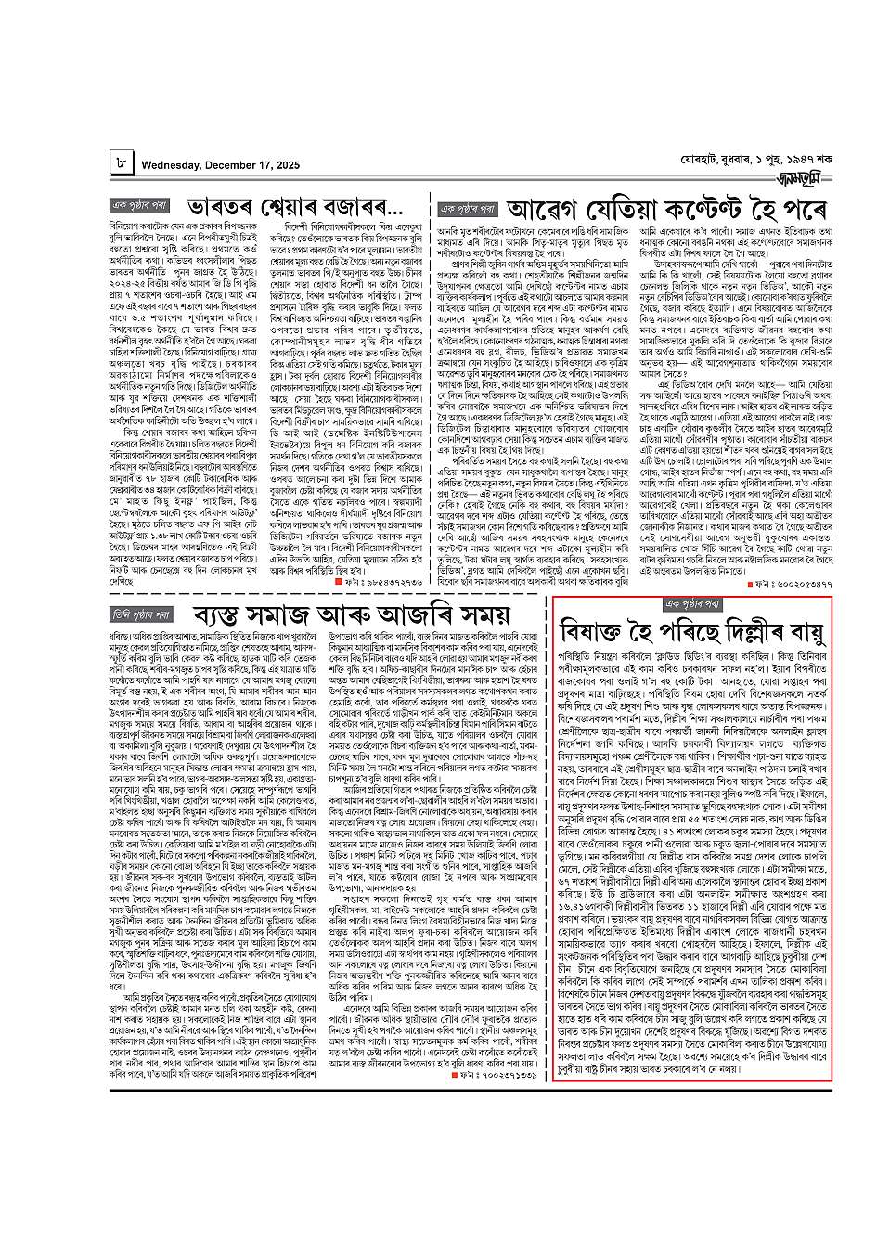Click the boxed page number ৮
point(122,163)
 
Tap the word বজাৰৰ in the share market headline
point(349,203)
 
